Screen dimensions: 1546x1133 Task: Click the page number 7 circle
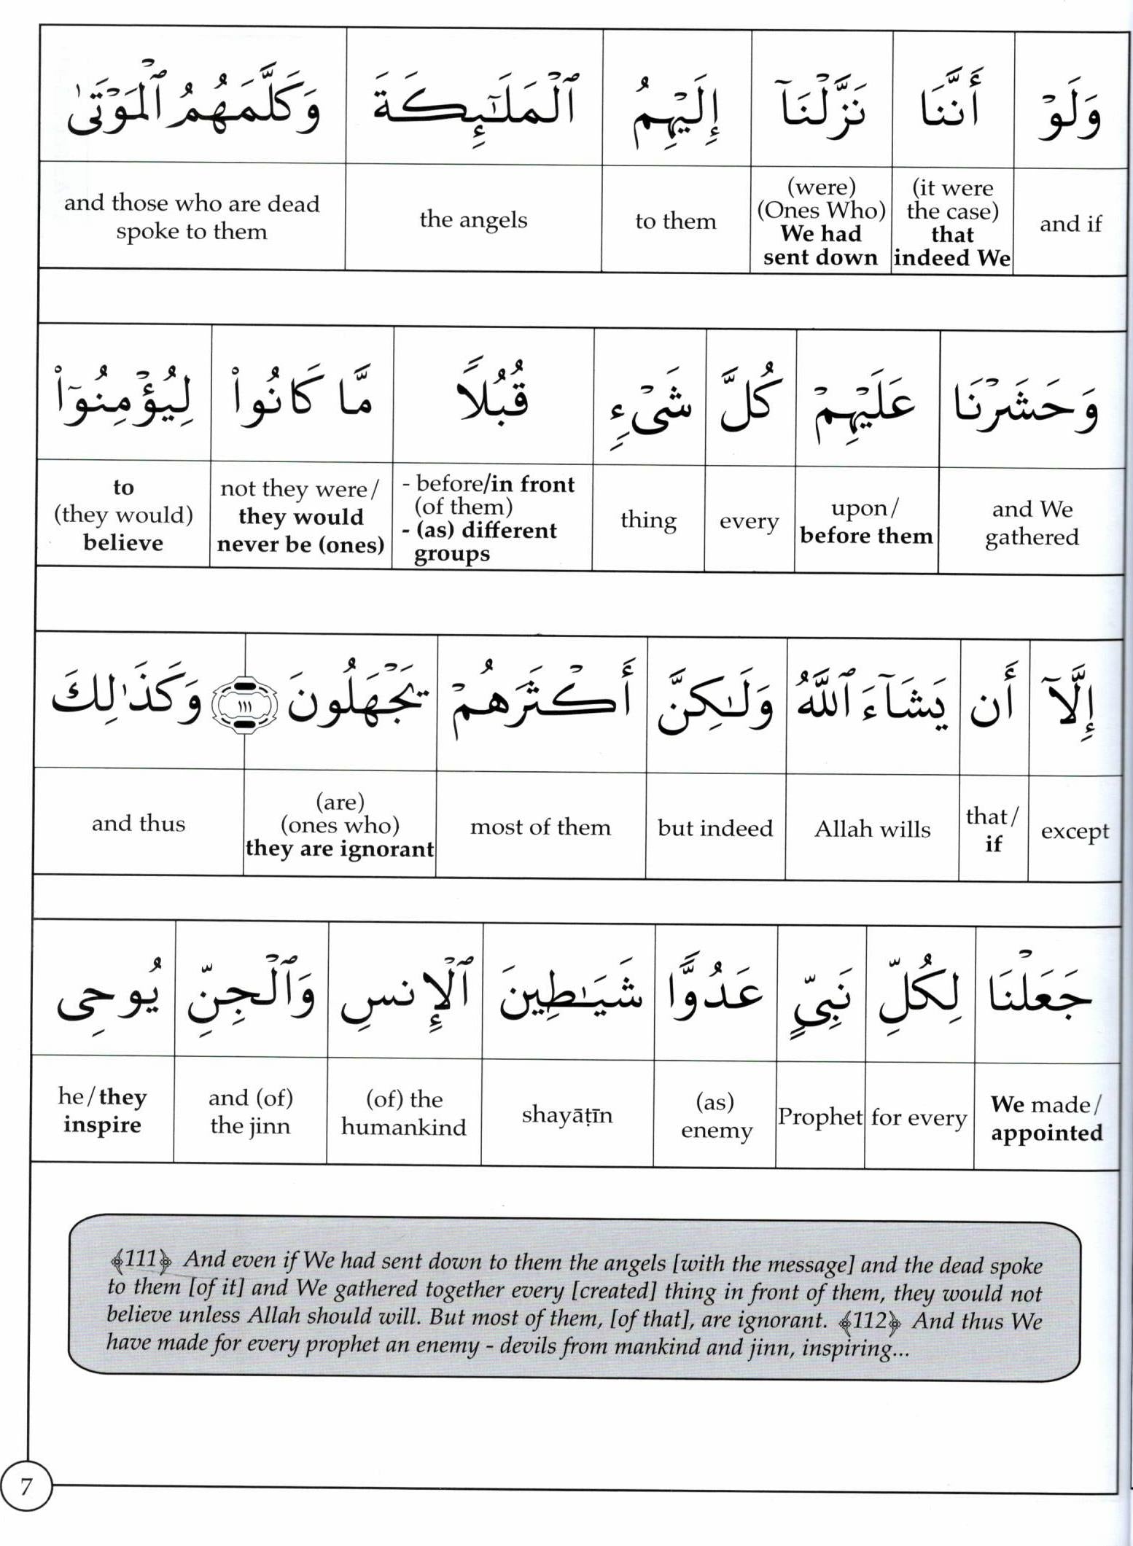(x=26, y=1486)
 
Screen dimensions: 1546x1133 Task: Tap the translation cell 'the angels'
(x=473, y=219)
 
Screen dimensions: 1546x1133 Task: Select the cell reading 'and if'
(x=1070, y=224)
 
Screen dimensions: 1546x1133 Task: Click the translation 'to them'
(x=676, y=221)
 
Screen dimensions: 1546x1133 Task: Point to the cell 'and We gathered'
(x=1032, y=523)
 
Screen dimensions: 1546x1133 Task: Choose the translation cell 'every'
(x=749, y=521)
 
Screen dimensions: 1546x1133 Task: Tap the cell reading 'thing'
(x=648, y=520)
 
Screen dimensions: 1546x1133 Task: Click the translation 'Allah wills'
(x=872, y=829)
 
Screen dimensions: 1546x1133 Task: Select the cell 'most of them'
(x=540, y=827)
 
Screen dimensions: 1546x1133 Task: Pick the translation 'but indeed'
(x=715, y=828)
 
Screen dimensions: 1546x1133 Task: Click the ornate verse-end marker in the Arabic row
(x=245, y=706)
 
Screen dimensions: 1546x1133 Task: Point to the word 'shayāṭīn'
(x=567, y=1114)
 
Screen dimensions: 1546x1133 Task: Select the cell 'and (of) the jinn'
(x=250, y=1112)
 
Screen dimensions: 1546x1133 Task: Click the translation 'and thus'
(x=139, y=824)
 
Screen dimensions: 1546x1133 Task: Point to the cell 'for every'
(x=919, y=1117)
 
